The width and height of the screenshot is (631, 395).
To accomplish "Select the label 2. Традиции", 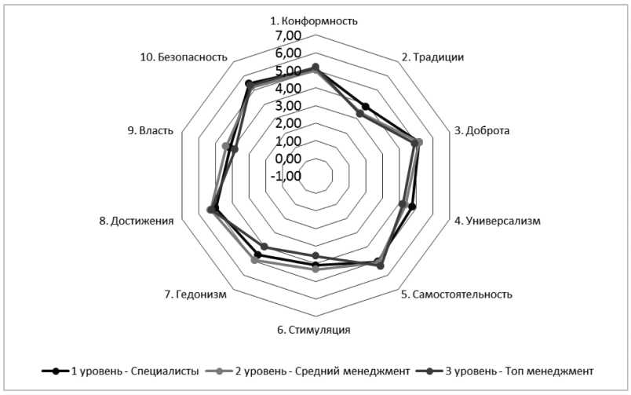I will tap(432, 57).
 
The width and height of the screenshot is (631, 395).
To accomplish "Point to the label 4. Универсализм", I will tap(498, 221).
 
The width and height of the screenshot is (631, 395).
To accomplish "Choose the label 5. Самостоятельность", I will tap(456, 294).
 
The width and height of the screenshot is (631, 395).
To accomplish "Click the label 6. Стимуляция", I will tap(313, 329).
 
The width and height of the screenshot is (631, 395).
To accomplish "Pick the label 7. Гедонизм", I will tap(195, 294).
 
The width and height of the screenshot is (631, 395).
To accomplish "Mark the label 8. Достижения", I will tap(137, 221).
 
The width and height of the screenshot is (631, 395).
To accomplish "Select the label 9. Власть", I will tap(151, 130).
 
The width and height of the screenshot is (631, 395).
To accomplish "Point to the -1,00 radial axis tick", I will tap(286, 176).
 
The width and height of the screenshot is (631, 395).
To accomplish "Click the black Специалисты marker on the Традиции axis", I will tap(365, 107).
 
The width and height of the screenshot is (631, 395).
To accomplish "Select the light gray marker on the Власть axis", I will tap(226, 146).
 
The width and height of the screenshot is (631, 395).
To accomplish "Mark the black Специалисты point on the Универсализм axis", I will tap(413, 207).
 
